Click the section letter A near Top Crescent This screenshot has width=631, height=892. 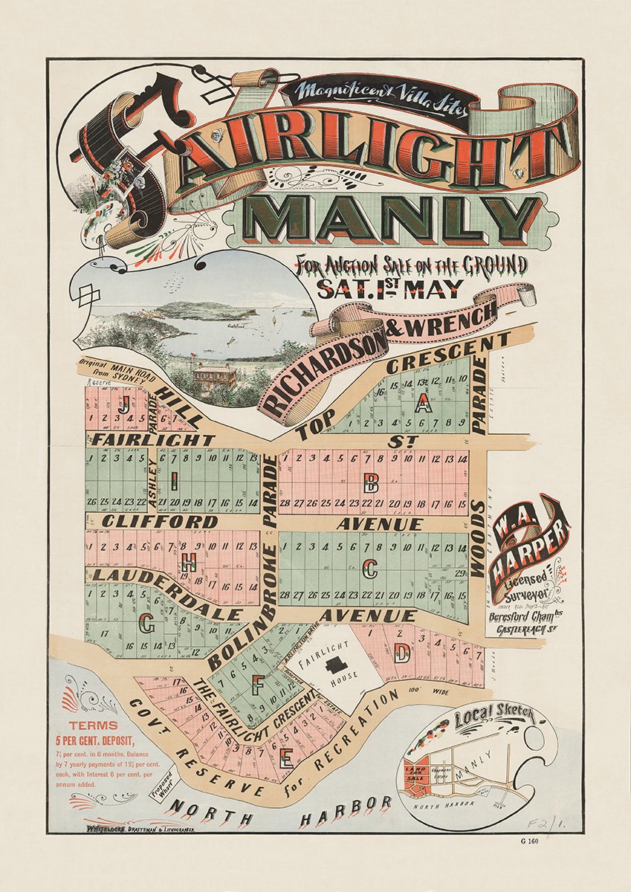(423, 404)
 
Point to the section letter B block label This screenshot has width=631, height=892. (369, 485)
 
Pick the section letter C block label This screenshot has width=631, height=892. (369, 569)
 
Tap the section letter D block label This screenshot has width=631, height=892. (402, 654)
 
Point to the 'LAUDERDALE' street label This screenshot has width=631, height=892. (164, 592)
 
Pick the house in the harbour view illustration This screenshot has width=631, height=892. (213, 375)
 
